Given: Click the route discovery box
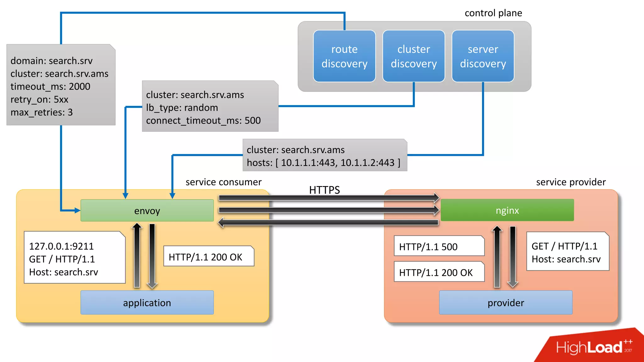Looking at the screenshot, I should (x=344, y=56).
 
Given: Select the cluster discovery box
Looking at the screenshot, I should (x=414, y=56).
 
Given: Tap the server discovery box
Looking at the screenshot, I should (x=483, y=56).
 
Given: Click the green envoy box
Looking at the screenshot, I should (x=147, y=211).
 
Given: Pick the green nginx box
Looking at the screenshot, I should (x=507, y=210).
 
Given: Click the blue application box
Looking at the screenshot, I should (x=147, y=303).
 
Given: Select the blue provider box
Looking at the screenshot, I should (x=506, y=303).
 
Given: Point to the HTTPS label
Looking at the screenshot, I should (x=324, y=190).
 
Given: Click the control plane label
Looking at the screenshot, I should (x=493, y=13).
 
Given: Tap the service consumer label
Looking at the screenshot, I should (x=223, y=182).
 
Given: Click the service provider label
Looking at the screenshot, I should (x=570, y=182).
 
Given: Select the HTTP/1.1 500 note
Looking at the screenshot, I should (x=439, y=246).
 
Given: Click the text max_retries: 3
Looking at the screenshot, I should (x=42, y=112).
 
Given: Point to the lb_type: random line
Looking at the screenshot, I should (x=182, y=107).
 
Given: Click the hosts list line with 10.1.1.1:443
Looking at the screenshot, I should (x=323, y=162).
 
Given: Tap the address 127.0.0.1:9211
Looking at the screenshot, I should (x=61, y=246).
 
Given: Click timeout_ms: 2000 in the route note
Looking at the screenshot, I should (x=50, y=86).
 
